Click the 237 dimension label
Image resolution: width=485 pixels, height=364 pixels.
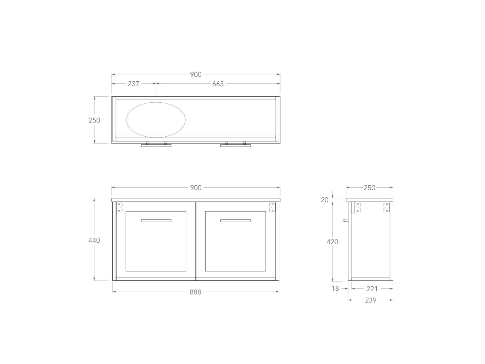pyautogui.click(x=133, y=84)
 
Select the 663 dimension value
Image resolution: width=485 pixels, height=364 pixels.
pyautogui.click(x=218, y=84)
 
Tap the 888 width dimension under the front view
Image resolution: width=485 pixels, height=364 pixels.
pyautogui.click(x=195, y=292)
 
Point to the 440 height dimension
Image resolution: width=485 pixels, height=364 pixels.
pyautogui.click(x=94, y=240)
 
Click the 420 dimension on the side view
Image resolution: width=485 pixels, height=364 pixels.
pyautogui.click(x=332, y=242)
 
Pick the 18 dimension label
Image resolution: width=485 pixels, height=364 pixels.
pyautogui.click(x=335, y=289)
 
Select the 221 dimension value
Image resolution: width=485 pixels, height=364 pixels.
pyautogui.click(x=372, y=289)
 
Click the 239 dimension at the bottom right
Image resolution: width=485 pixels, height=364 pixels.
pyautogui.click(x=371, y=300)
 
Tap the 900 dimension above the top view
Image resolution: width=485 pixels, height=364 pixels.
pyautogui.click(x=196, y=74)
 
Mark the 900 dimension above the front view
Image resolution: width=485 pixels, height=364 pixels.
pyautogui.click(x=196, y=188)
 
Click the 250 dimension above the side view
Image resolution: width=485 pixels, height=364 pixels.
pyautogui.click(x=369, y=188)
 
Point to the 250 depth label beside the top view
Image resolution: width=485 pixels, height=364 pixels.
pyautogui.click(x=94, y=120)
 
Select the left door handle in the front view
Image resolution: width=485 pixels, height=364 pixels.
pyautogui.click(x=156, y=220)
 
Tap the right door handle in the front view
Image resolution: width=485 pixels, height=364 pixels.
pyautogui.click(x=235, y=220)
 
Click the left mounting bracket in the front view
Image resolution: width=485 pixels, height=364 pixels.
pyautogui.click(x=120, y=207)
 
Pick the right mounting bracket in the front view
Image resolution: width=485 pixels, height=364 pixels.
pyautogui.click(x=272, y=207)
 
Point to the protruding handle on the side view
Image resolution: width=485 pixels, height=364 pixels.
pyautogui.click(x=345, y=220)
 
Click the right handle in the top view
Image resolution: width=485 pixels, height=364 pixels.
pyautogui.click(x=235, y=145)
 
